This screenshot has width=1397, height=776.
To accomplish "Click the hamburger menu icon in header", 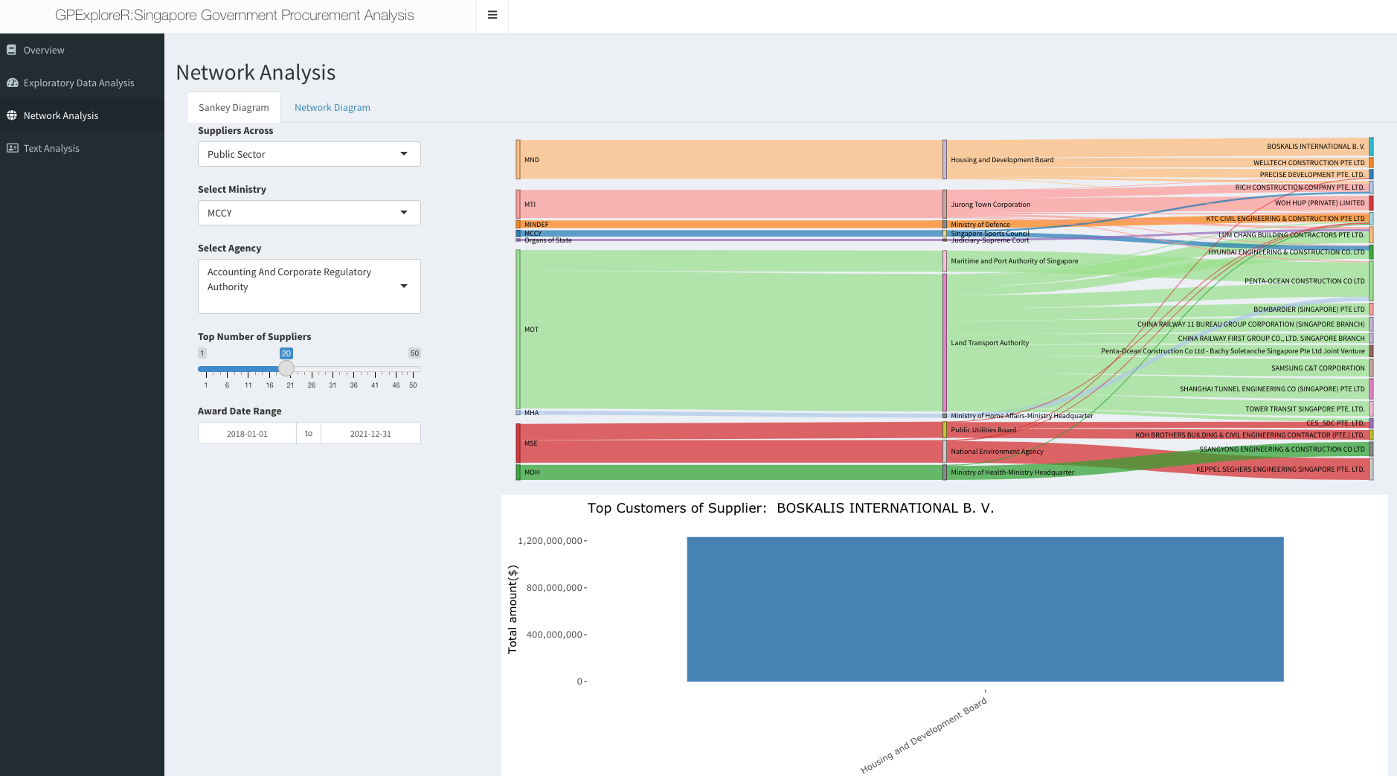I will pos(492,15).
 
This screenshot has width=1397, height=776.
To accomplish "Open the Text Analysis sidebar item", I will pos(51,148).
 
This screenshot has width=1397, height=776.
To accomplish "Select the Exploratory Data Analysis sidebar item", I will pos(79,83).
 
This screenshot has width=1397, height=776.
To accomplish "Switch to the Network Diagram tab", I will pos(332,107).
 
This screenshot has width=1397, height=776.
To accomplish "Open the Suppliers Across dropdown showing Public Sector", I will pos(309,154).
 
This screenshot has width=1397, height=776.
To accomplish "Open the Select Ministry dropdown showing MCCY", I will pos(309,213).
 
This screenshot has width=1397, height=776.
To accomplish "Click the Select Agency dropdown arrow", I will pos(404,286).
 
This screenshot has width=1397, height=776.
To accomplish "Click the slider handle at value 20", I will pos(286,368).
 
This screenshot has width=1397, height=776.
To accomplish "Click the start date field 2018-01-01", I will pos(247,433).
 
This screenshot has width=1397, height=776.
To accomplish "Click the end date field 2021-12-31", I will pos(370,433).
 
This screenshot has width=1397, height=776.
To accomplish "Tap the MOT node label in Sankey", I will pos(531,330).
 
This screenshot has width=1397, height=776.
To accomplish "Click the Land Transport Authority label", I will pos(989,343).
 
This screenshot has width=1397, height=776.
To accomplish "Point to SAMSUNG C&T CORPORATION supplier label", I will pos(1317,368).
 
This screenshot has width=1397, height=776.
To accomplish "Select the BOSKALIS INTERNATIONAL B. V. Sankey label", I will pos(1315,147).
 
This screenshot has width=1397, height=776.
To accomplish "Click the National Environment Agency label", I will pos(997,452).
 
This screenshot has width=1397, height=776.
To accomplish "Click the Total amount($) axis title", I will pos(512,609).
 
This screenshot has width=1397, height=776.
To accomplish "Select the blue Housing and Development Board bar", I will pos(985,609).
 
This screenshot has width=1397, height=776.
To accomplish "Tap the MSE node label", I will pos(530,443).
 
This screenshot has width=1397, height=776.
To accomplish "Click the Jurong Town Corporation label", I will pos(990,205).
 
